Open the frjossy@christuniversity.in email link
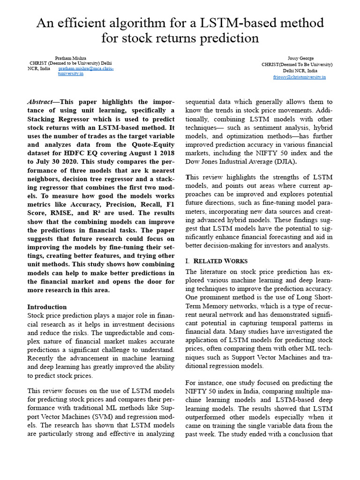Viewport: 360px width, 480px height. point(300,76)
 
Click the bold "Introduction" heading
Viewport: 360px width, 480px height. point(47,307)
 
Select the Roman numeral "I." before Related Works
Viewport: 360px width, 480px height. point(188,261)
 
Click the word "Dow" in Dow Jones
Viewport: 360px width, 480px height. point(194,161)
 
